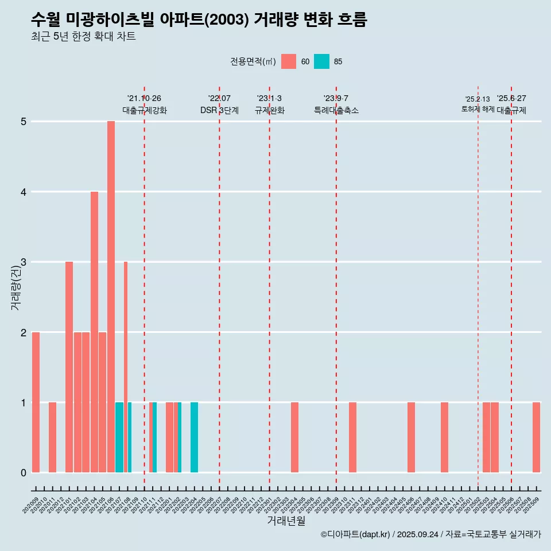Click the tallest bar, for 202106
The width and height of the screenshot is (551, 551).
[111, 297]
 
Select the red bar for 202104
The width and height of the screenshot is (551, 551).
[94, 332]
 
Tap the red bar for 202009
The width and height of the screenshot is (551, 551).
[36, 402]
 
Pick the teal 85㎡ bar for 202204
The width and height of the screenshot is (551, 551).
[194, 437]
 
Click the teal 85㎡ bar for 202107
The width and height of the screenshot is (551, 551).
[119, 437]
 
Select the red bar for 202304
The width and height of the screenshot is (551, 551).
[294, 437]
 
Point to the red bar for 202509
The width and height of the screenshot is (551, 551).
[536, 437]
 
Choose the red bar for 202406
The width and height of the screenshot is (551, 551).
[411, 437]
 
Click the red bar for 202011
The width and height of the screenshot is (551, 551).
[52, 437]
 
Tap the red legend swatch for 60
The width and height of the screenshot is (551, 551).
[289, 61]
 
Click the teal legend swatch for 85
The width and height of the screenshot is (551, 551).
[321, 61]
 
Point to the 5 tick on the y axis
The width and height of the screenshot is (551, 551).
[24, 122]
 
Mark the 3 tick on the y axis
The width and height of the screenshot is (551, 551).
[24, 262]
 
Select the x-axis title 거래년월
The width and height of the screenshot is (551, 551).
[286, 521]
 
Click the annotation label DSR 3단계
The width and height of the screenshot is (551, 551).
[219, 110]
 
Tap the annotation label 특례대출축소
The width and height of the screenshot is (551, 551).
[336, 110]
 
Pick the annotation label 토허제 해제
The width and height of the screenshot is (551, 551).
[478, 109]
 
